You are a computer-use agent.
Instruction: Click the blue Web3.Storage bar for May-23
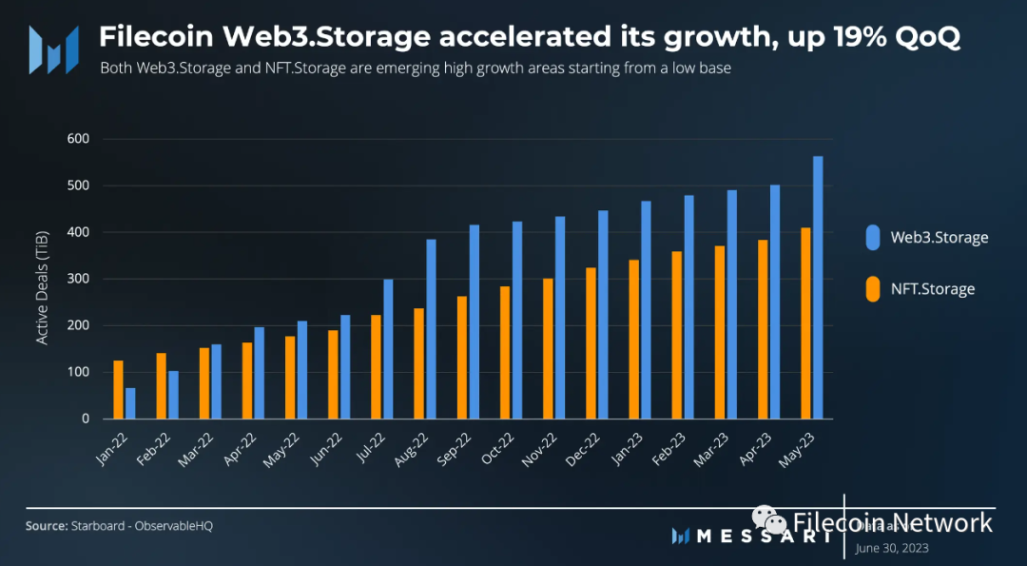[818, 287]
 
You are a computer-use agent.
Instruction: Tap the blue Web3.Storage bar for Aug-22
[431, 329]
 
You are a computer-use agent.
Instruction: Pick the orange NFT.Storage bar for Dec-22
[591, 343]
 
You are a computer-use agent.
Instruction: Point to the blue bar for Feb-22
[173, 395]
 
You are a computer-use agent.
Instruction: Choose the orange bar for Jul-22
[376, 366]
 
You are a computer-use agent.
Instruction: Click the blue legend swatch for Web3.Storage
[872, 238]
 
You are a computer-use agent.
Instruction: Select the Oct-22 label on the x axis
[499, 446]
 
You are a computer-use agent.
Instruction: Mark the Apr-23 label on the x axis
[758, 446]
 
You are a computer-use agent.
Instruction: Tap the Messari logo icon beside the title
[53, 49]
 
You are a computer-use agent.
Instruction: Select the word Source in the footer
[46, 526]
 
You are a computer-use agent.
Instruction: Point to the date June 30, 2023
[892, 548]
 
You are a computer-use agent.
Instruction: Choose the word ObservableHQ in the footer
[174, 526]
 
